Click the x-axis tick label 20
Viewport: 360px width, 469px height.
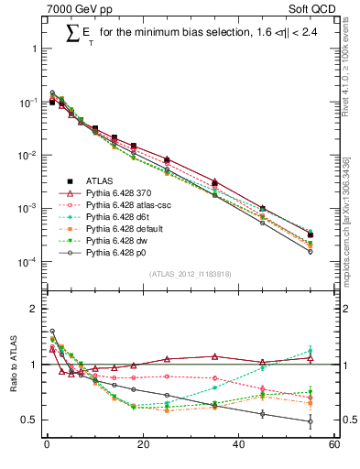click(142, 446)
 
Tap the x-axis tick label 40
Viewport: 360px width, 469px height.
click(238, 446)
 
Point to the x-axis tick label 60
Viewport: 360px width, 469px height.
click(333, 446)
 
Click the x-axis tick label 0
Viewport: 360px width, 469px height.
click(47, 446)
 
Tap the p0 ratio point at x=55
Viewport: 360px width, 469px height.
click(311, 421)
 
